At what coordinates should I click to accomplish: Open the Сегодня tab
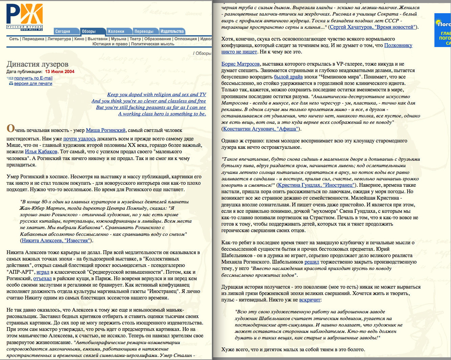63,31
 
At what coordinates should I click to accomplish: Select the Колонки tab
116,31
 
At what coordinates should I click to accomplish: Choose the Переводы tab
144,31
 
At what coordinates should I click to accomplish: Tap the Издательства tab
172,31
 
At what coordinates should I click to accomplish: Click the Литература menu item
59,39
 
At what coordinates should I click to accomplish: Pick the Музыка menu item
118,39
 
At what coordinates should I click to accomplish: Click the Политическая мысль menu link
153,44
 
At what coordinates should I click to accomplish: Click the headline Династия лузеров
38,64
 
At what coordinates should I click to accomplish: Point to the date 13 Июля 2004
60,71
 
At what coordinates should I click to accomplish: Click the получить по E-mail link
33,78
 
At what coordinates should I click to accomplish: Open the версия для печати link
33,84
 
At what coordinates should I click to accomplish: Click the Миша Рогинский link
106,130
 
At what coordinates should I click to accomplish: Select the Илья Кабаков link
41,152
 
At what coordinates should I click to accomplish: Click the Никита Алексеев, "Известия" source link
56,241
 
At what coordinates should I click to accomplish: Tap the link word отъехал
42,278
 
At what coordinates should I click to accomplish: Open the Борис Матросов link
241,64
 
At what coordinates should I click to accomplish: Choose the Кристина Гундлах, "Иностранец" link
316,185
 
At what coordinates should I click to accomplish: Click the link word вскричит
310,300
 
